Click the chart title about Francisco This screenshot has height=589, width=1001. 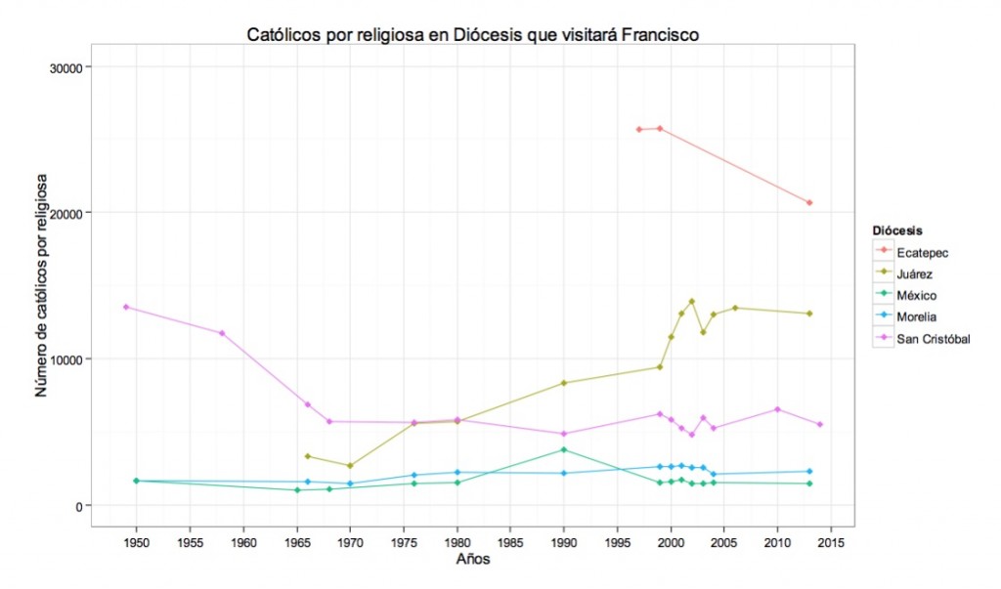pos(472,35)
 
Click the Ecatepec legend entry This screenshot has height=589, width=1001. pos(922,252)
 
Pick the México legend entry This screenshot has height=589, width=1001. pos(916,295)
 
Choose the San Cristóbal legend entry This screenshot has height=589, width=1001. pos(933,339)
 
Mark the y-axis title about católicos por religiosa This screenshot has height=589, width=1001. pos(40,285)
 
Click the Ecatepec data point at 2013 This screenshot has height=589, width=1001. pos(809,202)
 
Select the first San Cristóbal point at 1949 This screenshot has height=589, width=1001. pos(125,307)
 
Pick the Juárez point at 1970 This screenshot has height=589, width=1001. pos(350,466)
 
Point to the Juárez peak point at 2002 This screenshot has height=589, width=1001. pos(692,302)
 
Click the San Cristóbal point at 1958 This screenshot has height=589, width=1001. pos(222,333)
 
